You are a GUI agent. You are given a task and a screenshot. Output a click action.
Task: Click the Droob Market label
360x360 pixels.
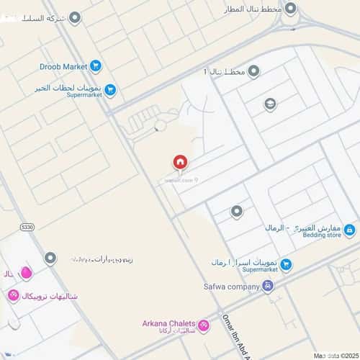65,67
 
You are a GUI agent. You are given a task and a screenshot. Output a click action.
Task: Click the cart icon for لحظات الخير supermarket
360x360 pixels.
110,90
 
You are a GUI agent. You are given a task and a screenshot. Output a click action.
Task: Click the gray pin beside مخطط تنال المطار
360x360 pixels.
290,9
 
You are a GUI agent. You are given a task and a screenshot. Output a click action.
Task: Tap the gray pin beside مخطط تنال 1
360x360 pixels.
253,71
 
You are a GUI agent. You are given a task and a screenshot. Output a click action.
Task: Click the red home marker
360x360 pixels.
179,163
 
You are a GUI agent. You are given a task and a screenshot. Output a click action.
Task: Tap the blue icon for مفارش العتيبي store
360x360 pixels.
349,230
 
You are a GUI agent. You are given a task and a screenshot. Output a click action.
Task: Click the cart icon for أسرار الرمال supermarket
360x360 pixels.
286,264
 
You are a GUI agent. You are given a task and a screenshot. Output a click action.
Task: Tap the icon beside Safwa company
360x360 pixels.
268,286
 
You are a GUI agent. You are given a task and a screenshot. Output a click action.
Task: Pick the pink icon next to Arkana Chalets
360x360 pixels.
204,326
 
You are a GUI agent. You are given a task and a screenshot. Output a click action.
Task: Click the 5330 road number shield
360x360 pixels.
27,227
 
